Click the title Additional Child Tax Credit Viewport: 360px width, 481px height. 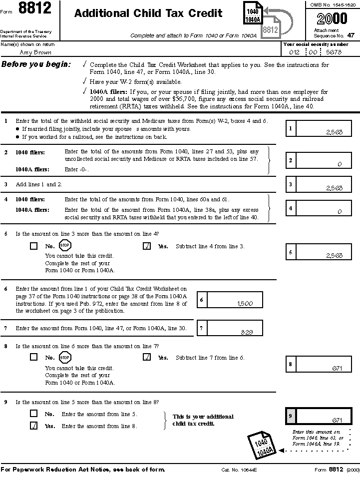[148, 13]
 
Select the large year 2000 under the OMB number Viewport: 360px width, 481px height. [332, 19]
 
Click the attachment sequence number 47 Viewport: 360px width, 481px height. [351, 35]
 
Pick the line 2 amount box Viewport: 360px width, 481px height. [324, 160]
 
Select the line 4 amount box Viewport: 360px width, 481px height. [324, 208]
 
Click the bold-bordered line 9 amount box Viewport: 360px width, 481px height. [324, 416]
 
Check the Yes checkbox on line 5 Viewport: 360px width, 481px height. [147, 246]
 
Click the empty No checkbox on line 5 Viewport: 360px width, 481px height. [34, 246]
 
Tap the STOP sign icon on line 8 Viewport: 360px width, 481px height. [65, 357]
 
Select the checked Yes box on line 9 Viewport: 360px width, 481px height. [34, 426]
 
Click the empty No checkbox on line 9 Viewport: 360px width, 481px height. [34, 414]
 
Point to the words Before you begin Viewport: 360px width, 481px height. [36, 64]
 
